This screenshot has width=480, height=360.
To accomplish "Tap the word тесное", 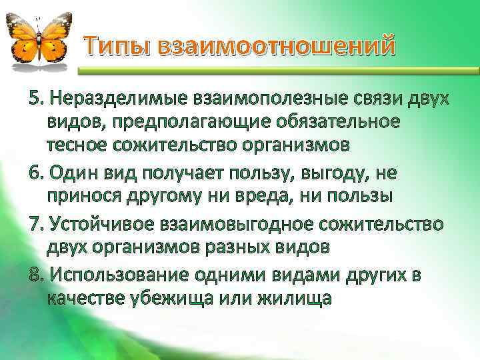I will (79, 145).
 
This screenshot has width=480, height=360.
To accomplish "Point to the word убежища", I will (175, 298).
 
